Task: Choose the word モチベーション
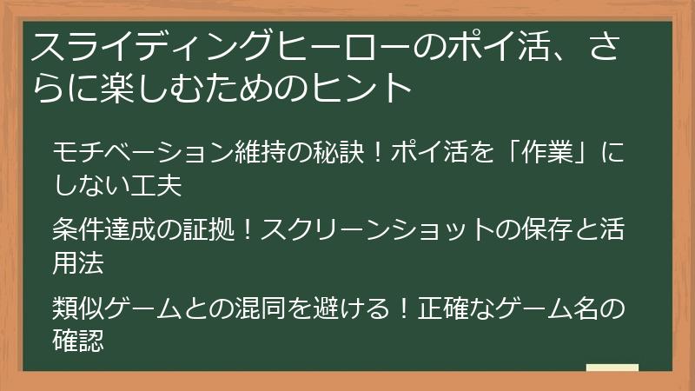click(x=127, y=153)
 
